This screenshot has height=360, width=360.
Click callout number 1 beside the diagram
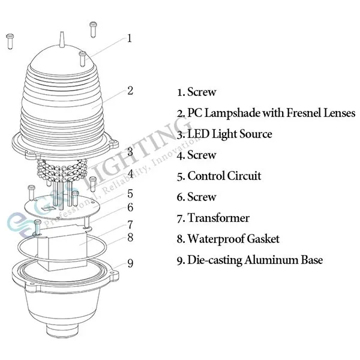[129, 38]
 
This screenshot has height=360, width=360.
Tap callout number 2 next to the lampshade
[130, 91]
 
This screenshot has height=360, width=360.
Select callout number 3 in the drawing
[130, 151]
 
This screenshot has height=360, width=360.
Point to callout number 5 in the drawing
[130, 193]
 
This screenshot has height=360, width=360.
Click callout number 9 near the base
[130, 262]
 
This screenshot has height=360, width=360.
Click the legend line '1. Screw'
[196, 92]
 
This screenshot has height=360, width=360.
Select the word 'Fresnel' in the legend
[293, 113]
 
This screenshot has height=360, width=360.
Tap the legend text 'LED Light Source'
[230, 134]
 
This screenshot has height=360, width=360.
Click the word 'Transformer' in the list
[218, 218]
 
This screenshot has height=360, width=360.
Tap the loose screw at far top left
[10, 41]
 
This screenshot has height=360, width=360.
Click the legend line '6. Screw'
[196, 197]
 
